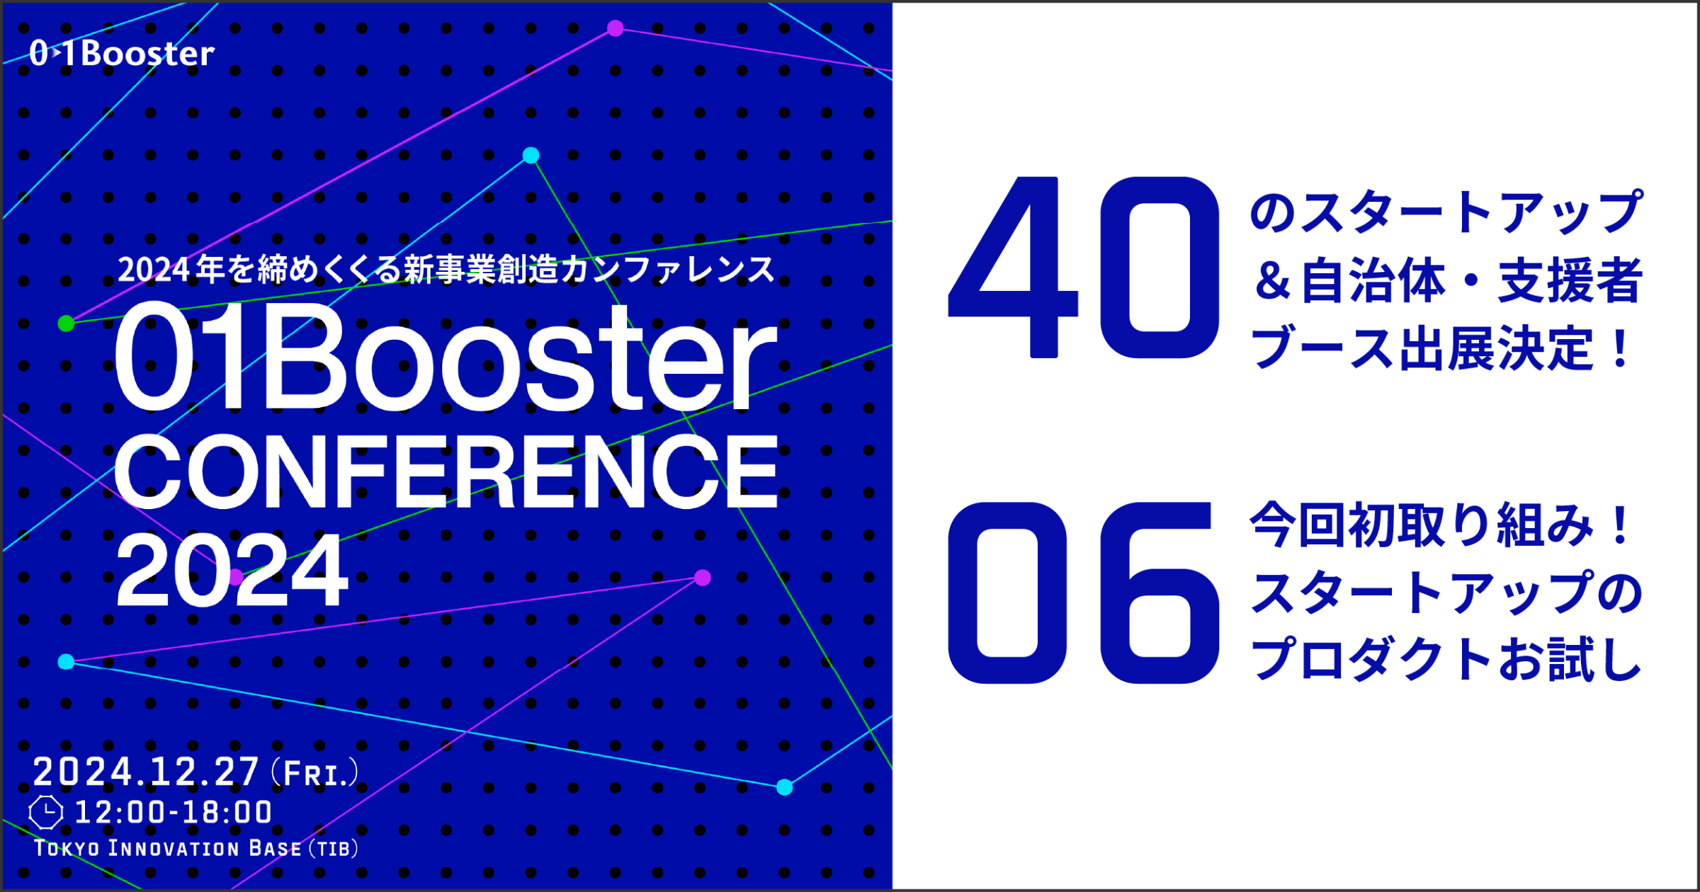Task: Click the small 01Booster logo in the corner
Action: (122, 54)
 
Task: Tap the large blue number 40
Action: (1084, 268)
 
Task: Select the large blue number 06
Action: (1084, 593)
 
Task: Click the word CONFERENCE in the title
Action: (446, 472)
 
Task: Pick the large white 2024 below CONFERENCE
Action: (232, 571)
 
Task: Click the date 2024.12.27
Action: (146, 772)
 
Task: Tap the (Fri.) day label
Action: (314, 773)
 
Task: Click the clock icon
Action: (46, 812)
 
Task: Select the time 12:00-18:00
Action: (174, 812)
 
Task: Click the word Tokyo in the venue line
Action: (67, 848)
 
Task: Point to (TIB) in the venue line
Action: (334, 848)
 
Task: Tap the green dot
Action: (66, 324)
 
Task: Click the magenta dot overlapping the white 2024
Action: (236, 577)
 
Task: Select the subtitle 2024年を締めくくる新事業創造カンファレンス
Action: (446, 270)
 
